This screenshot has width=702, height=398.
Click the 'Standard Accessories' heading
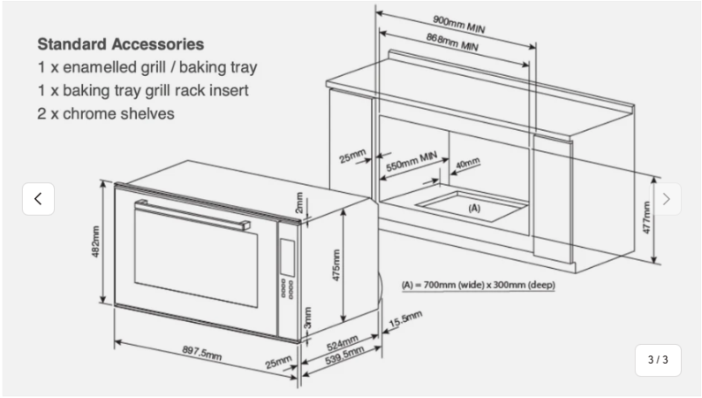click(x=120, y=44)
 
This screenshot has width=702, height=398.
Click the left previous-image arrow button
click(x=38, y=199)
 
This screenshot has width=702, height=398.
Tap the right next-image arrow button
click(x=666, y=199)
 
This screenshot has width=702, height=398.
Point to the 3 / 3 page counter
click(x=658, y=360)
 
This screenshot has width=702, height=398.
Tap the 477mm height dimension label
click(x=645, y=217)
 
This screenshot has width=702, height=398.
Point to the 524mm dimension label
click(x=342, y=341)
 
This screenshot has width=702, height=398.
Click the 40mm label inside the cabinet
click(x=467, y=164)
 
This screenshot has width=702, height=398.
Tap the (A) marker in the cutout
click(x=473, y=208)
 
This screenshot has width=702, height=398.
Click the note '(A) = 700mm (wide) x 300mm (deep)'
click(x=478, y=285)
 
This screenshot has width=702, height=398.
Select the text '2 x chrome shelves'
click(x=106, y=113)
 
